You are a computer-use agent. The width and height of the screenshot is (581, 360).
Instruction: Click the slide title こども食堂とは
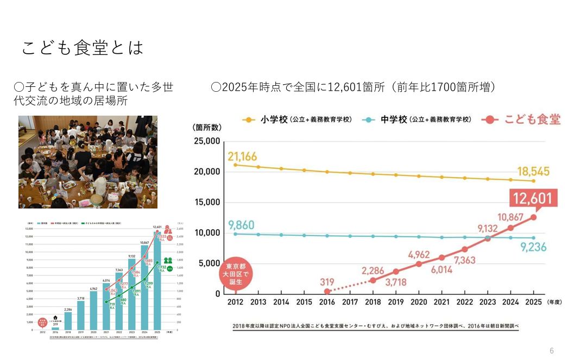(x=83, y=48)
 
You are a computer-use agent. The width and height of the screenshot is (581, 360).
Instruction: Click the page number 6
(x=552, y=351)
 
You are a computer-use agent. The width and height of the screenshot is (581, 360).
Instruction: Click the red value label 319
(x=327, y=282)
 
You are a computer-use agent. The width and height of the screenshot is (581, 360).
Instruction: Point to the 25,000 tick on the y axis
(x=206, y=141)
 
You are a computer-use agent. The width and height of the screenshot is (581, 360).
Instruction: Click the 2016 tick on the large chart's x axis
(x=326, y=302)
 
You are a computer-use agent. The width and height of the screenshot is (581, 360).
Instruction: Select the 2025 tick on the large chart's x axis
(x=533, y=302)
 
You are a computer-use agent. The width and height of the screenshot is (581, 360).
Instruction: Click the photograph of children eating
(x=88, y=162)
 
